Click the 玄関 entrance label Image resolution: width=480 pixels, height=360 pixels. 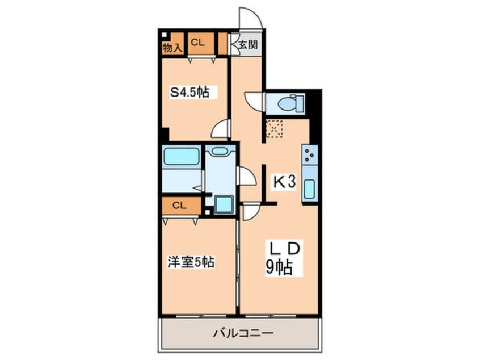point(248,44)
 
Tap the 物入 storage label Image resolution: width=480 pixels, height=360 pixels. point(172,49)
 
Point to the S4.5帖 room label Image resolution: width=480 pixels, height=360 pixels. point(191,91)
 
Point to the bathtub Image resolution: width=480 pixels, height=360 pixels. point(181,157)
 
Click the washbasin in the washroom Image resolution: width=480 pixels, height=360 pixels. point(220,151)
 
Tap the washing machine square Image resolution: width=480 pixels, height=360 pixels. point(222,204)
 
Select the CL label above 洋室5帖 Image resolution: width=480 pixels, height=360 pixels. point(179,206)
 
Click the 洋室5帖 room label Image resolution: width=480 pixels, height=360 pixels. point(191,263)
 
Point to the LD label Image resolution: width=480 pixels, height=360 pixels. point(283,249)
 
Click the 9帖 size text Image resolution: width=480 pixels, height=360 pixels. point(280,267)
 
